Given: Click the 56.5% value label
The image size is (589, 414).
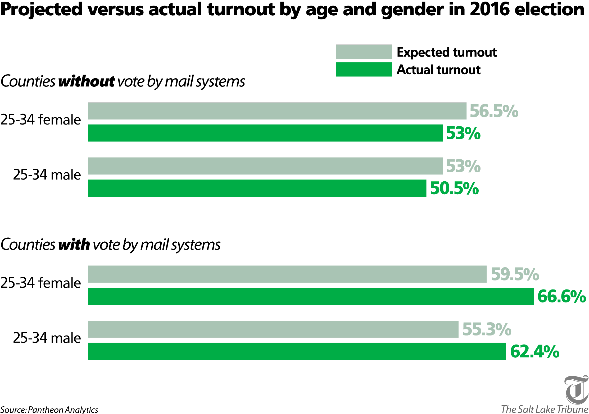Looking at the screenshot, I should click(494, 111).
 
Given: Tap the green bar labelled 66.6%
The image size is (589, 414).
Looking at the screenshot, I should click(311, 296).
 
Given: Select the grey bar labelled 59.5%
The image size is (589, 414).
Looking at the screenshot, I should click(287, 274).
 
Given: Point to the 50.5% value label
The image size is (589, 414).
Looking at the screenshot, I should click(454, 188).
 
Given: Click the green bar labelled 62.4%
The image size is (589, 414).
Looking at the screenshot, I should click(297, 351).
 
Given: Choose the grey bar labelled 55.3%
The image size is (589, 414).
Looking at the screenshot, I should click(273, 329).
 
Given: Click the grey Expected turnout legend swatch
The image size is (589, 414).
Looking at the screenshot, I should click(364, 52).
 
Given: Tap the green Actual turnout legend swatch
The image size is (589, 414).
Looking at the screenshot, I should click(364, 70).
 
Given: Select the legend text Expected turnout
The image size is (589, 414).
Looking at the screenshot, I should click(447, 52).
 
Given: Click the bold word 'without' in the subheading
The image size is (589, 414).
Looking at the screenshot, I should click(87, 81).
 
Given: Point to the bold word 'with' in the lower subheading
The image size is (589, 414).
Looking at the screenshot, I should click(74, 245).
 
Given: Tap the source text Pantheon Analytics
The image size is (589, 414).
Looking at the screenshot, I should click(63, 410).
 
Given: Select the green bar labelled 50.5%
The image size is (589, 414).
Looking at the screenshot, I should click(257, 188).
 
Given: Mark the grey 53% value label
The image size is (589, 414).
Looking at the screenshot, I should click(463, 166).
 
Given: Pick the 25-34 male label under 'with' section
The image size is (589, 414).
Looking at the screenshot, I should click(47, 338).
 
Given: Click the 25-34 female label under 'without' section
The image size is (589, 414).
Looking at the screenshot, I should click(41, 119).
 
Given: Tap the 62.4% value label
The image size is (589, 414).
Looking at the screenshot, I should click(534, 352).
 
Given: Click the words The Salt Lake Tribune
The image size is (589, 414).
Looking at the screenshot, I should click(545, 409).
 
